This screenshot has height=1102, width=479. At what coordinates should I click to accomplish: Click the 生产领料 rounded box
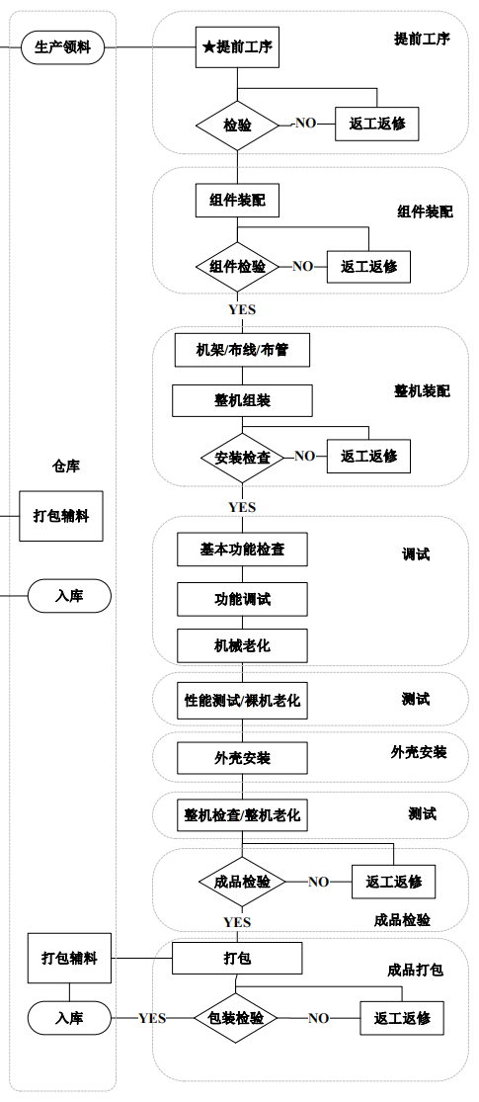click(x=62, y=46)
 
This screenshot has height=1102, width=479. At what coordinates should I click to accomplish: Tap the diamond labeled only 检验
click(x=237, y=125)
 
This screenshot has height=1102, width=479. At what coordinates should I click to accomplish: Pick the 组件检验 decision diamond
click(x=237, y=267)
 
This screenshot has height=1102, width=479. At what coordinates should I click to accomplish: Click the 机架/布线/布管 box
click(x=242, y=350)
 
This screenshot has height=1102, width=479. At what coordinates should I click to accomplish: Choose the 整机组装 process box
click(x=242, y=400)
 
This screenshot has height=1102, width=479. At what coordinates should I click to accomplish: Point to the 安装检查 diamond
click(x=242, y=457)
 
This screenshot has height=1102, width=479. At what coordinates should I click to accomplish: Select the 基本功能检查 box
click(x=242, y=550)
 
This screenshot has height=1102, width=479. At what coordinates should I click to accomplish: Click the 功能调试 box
click(x=242, y=599)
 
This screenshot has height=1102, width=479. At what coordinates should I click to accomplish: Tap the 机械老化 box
click(x=242, y=645)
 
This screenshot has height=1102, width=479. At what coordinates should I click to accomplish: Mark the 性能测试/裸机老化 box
click(x=242, y=701)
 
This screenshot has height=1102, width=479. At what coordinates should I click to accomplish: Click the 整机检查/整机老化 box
click(x=242, y=816)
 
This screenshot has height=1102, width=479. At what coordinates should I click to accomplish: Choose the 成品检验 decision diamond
click(x=242, y=882)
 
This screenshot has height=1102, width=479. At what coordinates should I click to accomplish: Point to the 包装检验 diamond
click(x=236, y=1018)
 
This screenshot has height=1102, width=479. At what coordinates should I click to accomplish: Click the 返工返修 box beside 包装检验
click(x=401, y=1018)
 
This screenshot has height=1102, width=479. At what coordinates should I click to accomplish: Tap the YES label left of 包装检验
click(x=152, y=1018)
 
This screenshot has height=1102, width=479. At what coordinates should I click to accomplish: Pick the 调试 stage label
click(x=416, y=554)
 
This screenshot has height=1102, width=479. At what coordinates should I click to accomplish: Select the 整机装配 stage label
click(x=422, y=391)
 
